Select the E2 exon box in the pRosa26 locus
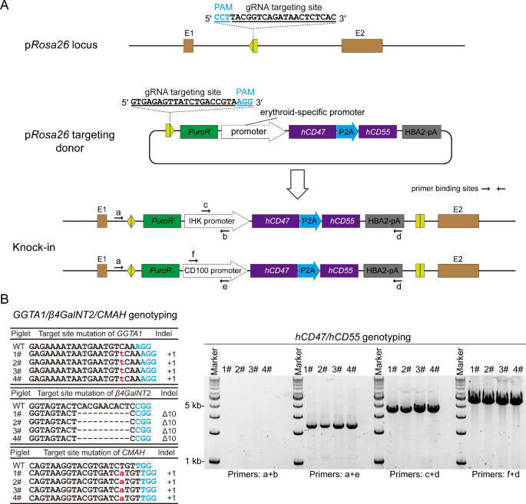point(362,46)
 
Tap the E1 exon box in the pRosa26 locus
point(188,46)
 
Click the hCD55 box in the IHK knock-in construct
point(340,222)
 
